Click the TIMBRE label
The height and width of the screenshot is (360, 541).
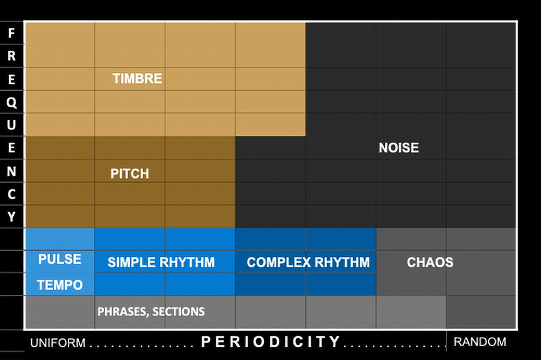(137, 79)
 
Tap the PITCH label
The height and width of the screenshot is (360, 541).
(129, 174)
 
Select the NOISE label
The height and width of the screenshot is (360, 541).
(399, 148)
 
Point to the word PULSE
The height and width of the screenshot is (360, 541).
(60, 259)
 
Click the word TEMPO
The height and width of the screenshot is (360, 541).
(60, 285)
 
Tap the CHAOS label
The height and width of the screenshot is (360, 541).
(430, 263)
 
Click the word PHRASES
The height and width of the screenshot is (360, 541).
(123, 312)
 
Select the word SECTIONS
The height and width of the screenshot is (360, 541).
(179, 312)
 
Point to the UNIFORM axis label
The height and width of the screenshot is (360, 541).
(58, 343)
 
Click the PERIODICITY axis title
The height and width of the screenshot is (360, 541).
(270, 342)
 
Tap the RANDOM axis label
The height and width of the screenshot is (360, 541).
(480, 342)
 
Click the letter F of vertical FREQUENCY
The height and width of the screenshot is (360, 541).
(11, 33)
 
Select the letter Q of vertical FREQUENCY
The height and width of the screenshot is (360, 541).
(11, 102)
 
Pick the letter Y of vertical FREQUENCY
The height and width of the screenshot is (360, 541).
(11, 216)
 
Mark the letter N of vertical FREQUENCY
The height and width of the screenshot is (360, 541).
(11, 171)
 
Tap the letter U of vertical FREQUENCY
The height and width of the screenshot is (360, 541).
(11, 125)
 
